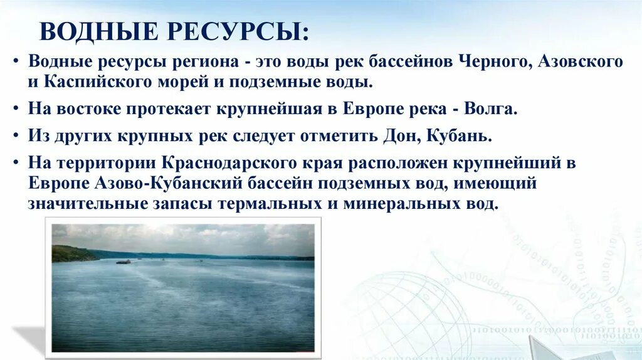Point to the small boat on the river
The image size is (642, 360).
pos(124,262)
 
